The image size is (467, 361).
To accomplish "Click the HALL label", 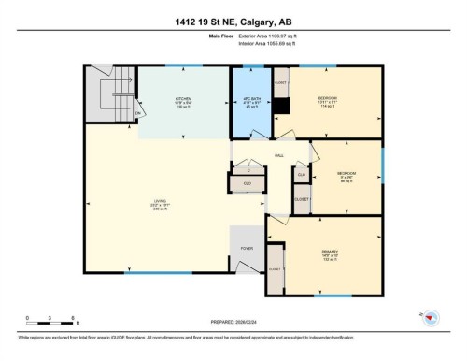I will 278,156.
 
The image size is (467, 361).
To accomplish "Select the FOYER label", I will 247,249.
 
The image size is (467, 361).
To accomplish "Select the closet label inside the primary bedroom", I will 275,268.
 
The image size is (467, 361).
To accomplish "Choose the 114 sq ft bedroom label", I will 328,101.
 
